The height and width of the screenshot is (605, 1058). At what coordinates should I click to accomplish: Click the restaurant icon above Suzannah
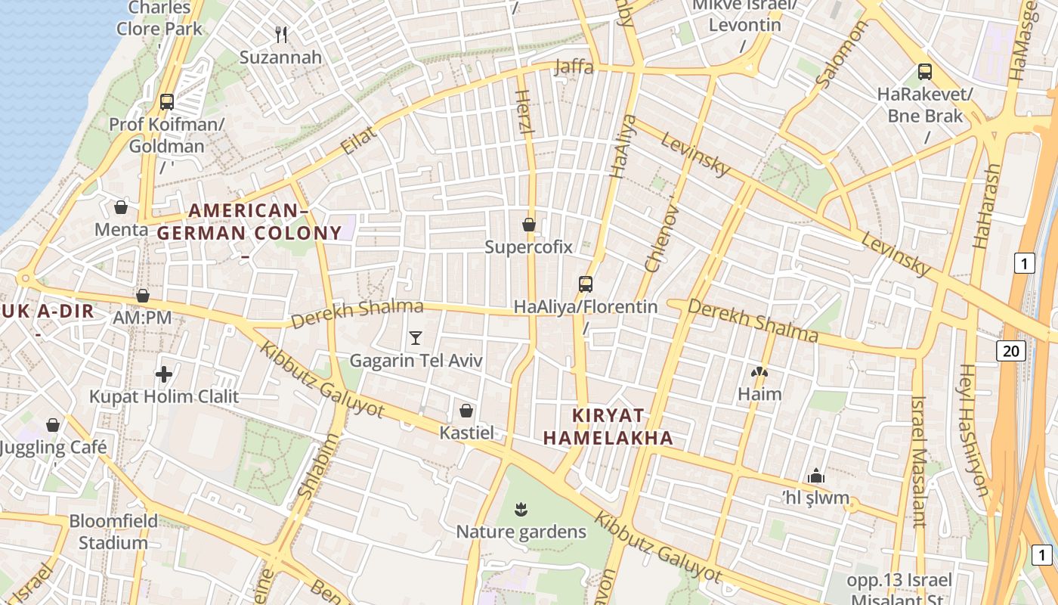coord(282,34)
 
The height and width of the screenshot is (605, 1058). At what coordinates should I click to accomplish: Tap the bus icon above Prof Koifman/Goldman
coord(167,101)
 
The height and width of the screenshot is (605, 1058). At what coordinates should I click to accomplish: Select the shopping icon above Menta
coord(121,206)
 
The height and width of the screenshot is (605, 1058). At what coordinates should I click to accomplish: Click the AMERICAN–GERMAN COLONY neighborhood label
coord(249,222)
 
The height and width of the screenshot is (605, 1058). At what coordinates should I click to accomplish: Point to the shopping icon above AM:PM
coord(142,296)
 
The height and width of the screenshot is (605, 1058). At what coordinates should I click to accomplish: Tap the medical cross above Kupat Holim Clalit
coord(164,374)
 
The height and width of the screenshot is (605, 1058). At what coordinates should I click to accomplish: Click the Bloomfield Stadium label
coord(113,532)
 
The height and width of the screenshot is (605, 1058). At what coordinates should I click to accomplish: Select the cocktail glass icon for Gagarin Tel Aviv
coord(415,337)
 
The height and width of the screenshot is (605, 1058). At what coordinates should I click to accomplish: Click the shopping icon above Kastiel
coord(466,411)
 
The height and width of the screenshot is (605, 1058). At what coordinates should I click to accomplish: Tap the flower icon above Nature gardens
coord(521,509)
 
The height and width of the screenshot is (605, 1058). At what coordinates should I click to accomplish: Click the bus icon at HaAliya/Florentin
coord(586,284)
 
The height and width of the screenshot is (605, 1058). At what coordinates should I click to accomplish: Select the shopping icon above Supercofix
coord(529,225)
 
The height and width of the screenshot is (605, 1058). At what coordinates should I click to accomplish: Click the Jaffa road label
coord(574,67)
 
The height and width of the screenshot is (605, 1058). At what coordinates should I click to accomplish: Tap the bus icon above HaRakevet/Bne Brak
coord(925,72)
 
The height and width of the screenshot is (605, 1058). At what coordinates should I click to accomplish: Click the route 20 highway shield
coord(1011,350)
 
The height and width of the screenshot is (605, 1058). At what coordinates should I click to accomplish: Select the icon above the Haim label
coord(759,372)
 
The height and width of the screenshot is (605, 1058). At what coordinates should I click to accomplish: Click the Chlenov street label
coord(660,237)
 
